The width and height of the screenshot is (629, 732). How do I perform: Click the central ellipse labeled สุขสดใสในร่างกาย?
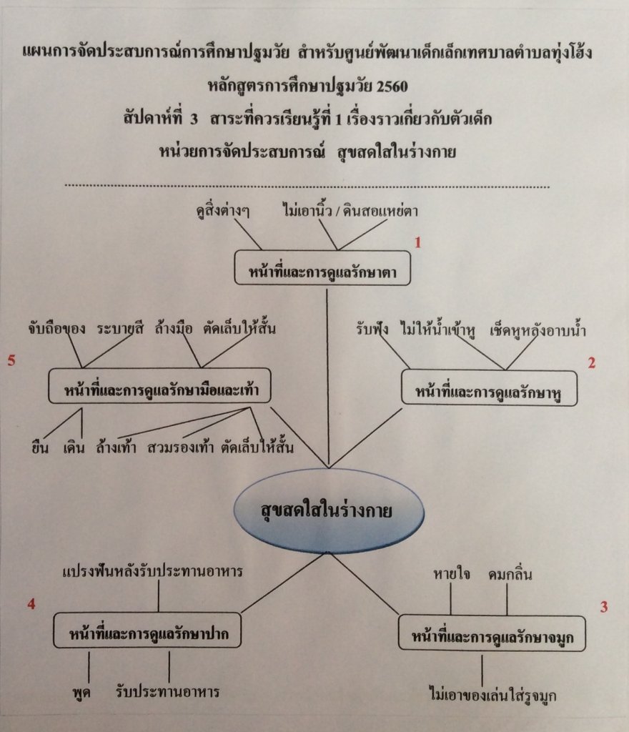click(329, 510)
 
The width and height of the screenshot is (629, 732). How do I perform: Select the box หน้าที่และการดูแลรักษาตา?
click(322, 268)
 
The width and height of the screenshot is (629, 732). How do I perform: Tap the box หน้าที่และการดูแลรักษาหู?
click(489, 388)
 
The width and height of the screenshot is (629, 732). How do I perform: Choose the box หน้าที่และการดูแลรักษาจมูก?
click(492, 633)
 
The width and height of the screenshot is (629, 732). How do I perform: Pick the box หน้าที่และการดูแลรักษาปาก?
click(147, 630)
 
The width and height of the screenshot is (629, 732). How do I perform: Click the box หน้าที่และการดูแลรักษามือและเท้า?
click(159, 386)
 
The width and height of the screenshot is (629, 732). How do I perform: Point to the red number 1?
click(417, 242)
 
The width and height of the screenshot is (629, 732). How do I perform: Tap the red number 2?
click(591, 362)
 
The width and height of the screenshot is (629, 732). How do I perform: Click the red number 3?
click(604, 607)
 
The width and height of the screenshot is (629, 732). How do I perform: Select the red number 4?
click(31, 604)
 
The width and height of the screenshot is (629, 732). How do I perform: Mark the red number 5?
click(11, 360)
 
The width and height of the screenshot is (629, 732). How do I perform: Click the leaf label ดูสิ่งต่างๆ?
click(223, 211)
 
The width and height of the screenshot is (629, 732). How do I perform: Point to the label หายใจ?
click(451, 574)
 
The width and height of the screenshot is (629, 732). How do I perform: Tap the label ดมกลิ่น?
click(510, 574)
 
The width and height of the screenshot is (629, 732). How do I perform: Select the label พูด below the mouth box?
click(81, 692)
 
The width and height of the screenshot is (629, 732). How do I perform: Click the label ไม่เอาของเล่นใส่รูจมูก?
click(492, 695)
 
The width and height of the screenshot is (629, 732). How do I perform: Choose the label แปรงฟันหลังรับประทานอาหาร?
click(152, 571)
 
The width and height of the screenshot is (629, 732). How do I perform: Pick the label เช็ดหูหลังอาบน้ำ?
click(538, 330)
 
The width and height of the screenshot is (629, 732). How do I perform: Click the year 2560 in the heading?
click(392, 86)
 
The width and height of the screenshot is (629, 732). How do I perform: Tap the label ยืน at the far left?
click(39, 447)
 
